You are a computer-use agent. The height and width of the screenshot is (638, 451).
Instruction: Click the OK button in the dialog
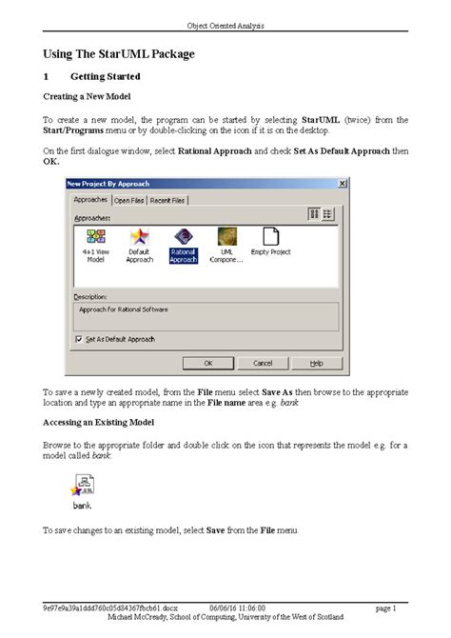(x=209, y=363)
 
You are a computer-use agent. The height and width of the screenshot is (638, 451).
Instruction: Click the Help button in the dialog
(x=316, y=363)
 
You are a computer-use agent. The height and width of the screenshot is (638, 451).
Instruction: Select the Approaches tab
(x=90, y=200)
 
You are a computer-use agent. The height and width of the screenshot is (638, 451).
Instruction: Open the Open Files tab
(x=128, y=201)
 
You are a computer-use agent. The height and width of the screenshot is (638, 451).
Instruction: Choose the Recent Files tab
(x=167, y=201)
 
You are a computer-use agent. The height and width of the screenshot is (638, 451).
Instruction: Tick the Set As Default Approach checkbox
(x=78, y=338)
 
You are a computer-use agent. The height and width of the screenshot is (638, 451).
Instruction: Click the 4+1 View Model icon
(x=96, y=238)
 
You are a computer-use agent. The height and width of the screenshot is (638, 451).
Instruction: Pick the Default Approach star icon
(x=139, y=238)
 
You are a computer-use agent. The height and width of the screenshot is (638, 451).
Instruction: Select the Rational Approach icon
(x=183, y=238)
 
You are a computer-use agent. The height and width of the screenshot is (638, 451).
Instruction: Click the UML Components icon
(x=226, y=238)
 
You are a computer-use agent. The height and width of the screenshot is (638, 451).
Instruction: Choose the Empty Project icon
(x=270, y=238)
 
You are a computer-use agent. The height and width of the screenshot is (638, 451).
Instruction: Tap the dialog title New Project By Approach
(x=108, y=183)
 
